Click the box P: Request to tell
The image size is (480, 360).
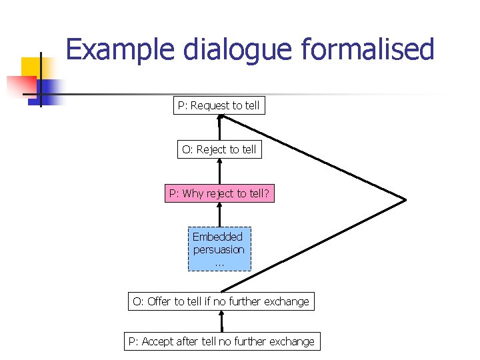[x=219, y=105]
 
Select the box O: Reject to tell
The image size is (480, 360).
[x=219, y=149]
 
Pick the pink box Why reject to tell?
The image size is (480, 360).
[x=219, y=193]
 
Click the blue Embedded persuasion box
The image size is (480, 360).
[x=219, y=249]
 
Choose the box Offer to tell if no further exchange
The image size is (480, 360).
[x=221, y=301]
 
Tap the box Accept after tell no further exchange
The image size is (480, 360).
[x=221, y=341]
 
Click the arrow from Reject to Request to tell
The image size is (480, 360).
[x=219, y=127]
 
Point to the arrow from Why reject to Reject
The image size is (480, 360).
[x=219, y=171]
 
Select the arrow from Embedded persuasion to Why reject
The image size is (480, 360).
[x=219, y=215]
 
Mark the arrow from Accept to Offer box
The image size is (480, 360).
[x=221, y=321]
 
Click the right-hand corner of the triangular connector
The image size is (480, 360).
[x=405, y=199]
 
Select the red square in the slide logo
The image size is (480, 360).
[x=20, y=85]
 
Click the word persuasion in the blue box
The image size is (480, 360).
[x=219, y=250]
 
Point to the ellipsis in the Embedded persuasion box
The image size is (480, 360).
[x=219, y=263]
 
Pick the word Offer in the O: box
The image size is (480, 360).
[x=159, y=301]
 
